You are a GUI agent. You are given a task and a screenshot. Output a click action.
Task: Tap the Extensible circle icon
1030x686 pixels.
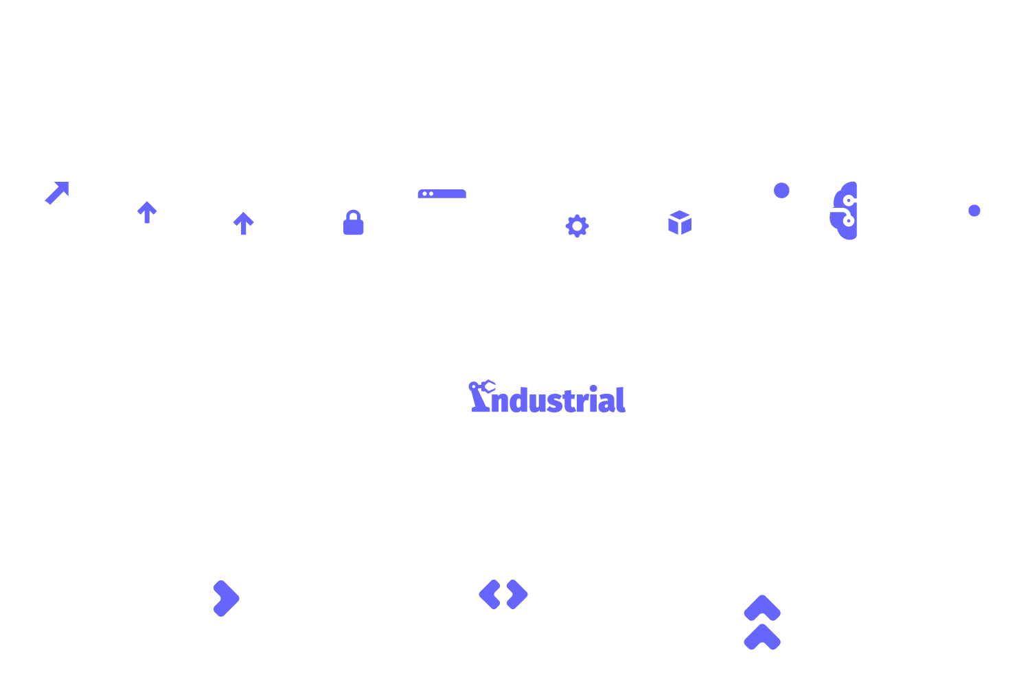146,211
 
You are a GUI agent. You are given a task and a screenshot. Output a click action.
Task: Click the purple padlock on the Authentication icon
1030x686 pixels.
354,223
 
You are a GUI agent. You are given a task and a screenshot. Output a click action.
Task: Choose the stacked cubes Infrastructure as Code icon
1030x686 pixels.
667,213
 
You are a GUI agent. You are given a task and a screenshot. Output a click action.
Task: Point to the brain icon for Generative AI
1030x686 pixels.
858,211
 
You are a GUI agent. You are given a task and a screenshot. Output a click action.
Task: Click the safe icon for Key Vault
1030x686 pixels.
970,211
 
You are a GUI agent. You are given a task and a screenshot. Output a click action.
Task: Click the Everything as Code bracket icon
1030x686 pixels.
503,595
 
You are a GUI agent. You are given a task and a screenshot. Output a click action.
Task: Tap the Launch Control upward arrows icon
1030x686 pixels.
762,604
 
